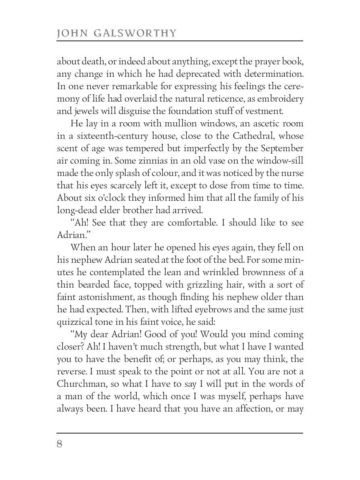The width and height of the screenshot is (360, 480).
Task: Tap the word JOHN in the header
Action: coord(71,33)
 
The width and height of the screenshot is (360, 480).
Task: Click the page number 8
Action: coord(60,445)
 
